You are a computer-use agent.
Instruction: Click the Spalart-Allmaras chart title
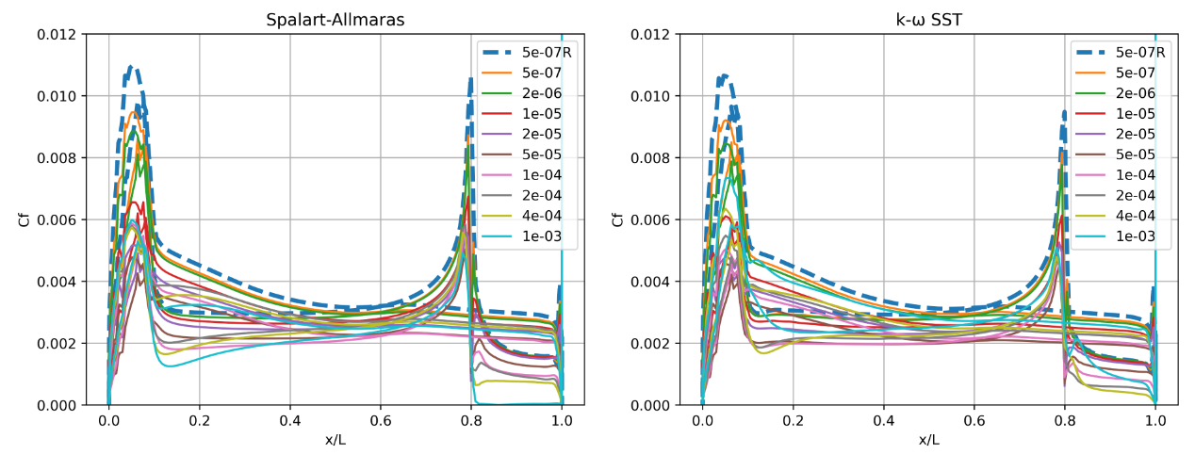(x=335, y=20)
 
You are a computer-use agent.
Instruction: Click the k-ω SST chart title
(x=928, y=20)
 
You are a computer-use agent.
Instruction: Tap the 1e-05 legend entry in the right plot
(x=1136, y=113)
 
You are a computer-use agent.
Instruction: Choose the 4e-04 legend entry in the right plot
(x=1136, y=215)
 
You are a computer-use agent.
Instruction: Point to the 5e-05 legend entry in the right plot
(x=1136, y=154)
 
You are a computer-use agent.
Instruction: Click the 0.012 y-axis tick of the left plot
(x=59, y=34)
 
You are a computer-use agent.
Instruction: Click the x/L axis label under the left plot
(x=335, y=440)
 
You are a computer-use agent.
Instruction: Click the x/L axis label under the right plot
(x=928, y=440)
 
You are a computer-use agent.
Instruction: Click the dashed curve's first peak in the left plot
(x=131, y=67)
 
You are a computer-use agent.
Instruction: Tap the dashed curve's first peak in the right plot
(x=723, y=75)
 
